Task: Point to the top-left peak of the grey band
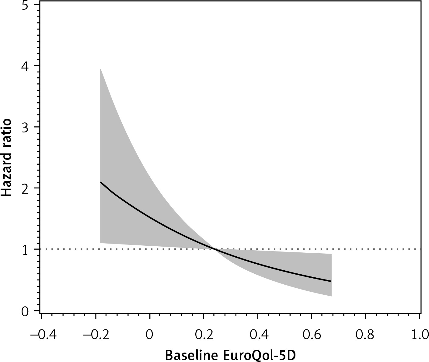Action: coord(100,69)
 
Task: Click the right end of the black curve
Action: coord(331,281)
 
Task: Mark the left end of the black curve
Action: coord(100,182)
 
